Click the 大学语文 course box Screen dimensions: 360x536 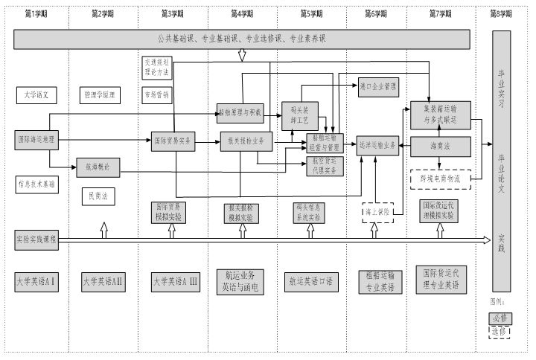pos(36,95)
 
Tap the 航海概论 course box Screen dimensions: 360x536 pos(98,167)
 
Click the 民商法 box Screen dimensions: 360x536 pos(98,196)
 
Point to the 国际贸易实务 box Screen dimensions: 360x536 pos(173,139)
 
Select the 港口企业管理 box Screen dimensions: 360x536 pos(378,86)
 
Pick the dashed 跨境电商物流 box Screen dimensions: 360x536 pos(440,179)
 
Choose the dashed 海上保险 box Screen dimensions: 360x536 pos(378,212)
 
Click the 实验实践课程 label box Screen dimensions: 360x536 pos(36,240)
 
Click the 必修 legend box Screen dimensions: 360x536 pos(500,318)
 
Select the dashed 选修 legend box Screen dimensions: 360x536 pos(500,331)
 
